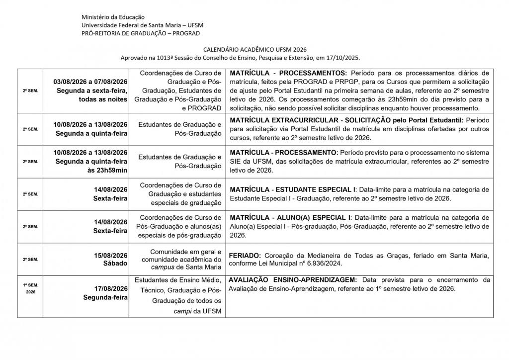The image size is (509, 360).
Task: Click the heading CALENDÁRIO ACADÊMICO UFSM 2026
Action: tap(254, 50)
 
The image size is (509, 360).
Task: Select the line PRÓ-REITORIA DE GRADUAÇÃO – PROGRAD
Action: tap(141, 33)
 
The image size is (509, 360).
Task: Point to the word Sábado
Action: tap(115, 263)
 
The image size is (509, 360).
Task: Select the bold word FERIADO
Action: tap(242, 255)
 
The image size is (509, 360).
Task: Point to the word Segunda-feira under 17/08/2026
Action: tap(105, 297)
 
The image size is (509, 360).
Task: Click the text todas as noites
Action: tap(103, 99)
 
